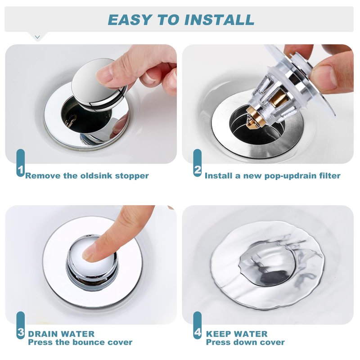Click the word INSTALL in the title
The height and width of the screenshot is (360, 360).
[x=219, y=20]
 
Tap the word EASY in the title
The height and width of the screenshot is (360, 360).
[x=130, y=20]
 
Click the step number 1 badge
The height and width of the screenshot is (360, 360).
[x=21, y=163]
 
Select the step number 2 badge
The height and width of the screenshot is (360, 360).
[x=198, y=163]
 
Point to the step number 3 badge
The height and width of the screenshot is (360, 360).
[x=21, y=325]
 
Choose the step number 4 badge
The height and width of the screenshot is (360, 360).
[x=198, y=325]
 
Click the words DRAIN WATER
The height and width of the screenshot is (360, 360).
[x=61, y=334]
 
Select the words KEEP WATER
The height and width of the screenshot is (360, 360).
[x=237, y=334]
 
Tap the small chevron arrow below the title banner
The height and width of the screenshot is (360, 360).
[x=37, y=37]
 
